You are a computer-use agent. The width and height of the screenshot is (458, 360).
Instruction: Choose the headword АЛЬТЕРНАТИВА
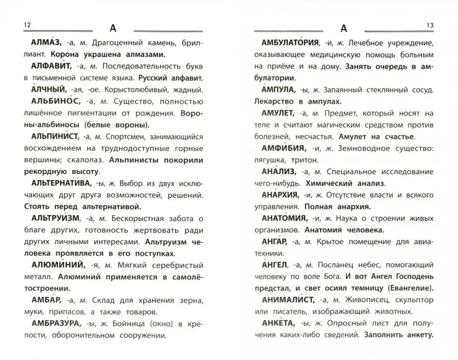tap(56, 184)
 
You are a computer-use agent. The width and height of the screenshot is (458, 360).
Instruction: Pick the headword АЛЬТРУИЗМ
tap(50, 220)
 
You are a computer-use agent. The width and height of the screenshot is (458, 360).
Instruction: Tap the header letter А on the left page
tap(112, 28)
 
